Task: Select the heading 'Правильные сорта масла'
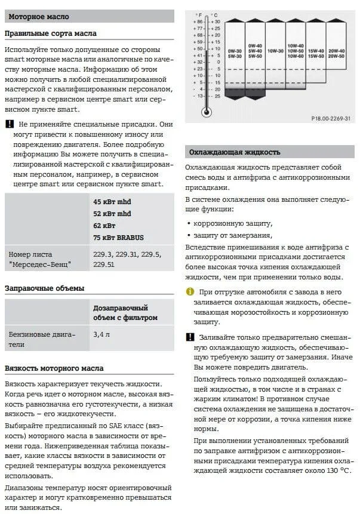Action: tap(50, 33)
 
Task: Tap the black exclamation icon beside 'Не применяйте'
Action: tap(9, 124)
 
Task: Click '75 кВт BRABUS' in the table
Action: tap(122, 237)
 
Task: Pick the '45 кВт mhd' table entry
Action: tap(112, 202)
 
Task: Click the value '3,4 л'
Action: tap(101, 335)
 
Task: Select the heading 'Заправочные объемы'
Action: tap(44, 288)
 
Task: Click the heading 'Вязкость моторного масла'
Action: tap(54, 368)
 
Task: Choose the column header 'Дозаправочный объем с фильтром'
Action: tap(125, 312)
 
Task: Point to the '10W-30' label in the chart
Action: tap(275, 51)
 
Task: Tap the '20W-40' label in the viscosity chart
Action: tap(337, 51)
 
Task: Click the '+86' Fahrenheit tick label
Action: tap(199, 21)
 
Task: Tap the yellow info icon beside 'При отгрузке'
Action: tap(190, 291)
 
